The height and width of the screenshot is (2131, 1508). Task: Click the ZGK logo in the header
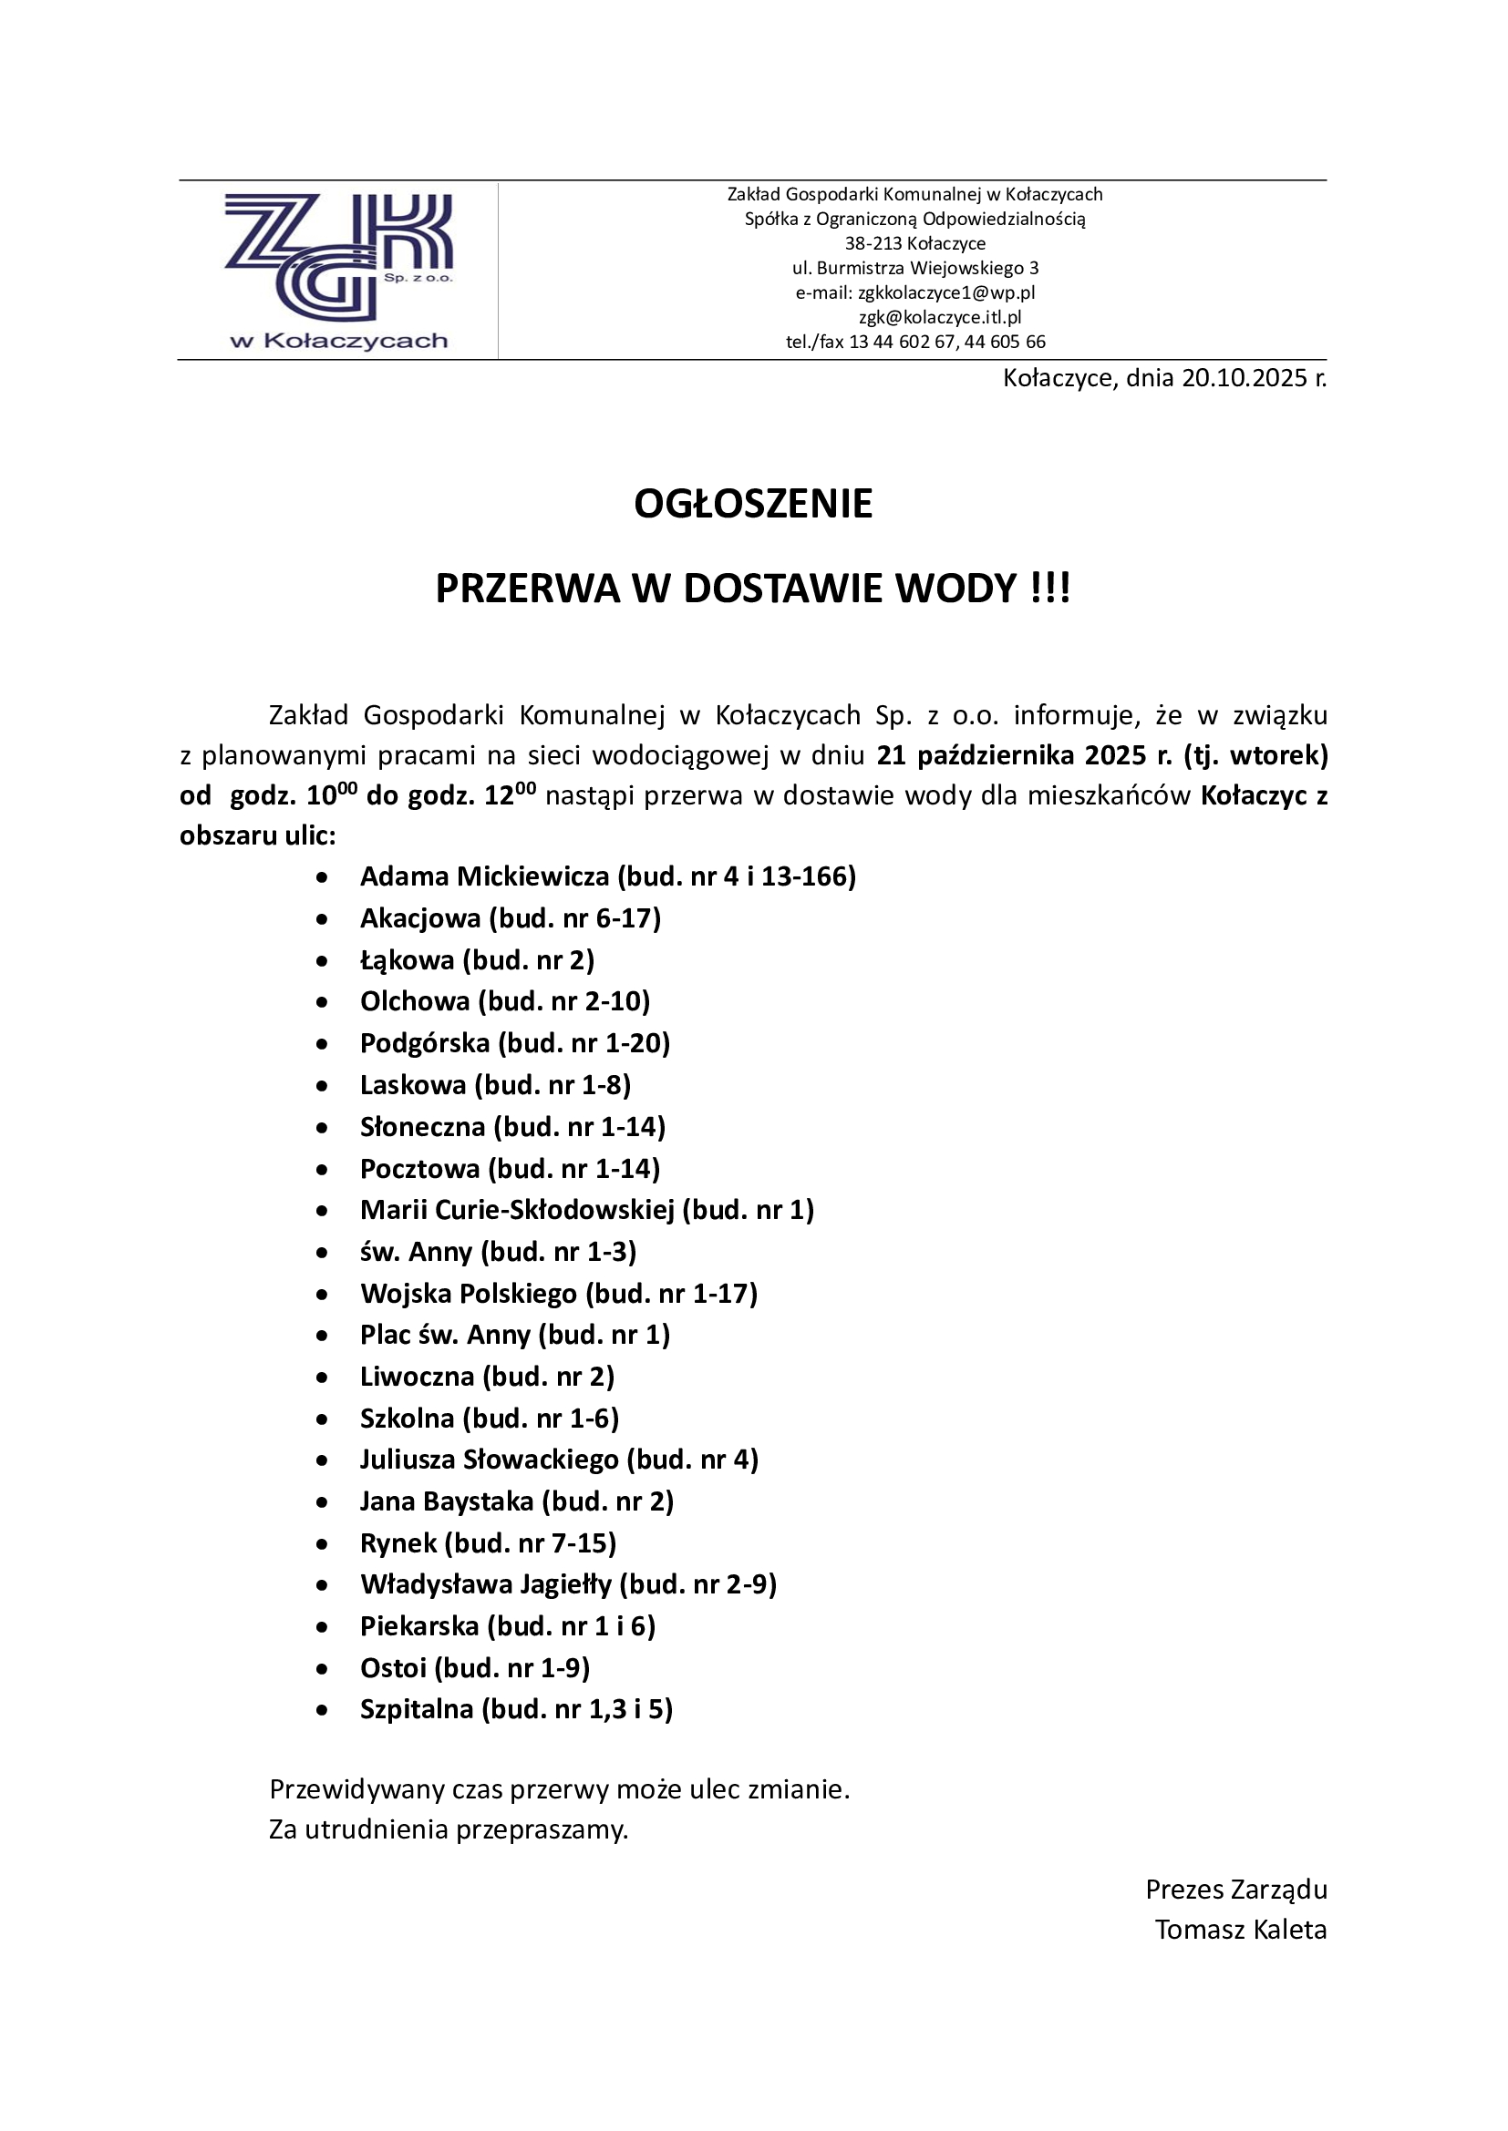pos(338,269)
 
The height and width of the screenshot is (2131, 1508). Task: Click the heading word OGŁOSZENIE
pos(753,504)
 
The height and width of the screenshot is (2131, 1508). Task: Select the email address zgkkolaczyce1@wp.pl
pos(946,292)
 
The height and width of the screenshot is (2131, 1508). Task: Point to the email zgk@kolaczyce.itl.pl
pos(940,317)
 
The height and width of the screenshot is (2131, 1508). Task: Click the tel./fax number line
pos(914,342)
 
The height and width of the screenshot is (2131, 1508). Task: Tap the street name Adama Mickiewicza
pos(484,876)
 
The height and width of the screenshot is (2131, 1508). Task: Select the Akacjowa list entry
pos(510,918)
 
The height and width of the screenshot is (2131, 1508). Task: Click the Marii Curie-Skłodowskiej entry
pos(586,1209)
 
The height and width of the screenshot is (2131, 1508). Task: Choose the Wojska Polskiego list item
pos(558,1293)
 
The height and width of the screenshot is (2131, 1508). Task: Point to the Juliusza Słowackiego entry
pos(558,1459)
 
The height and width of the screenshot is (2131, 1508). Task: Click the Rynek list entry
pos(488,1542)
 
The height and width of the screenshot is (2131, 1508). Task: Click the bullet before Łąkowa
pos(322,960)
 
